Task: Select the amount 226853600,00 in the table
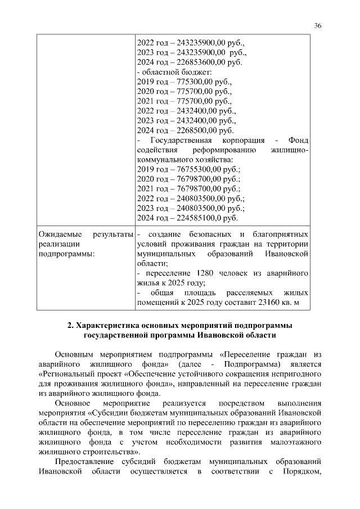(x=201, y=62)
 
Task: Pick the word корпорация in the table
(x=238, y=140)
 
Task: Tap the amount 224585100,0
(x=200, y=218)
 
